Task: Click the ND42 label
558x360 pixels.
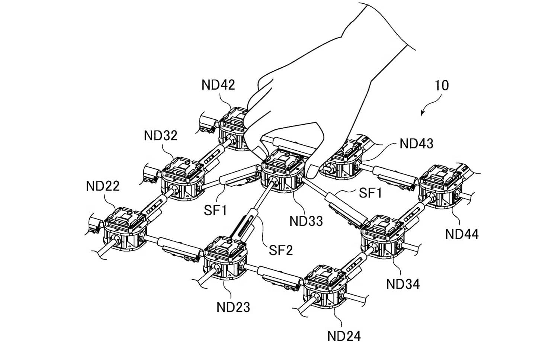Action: [x=218, y=85]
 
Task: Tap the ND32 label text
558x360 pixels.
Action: [x=161, y=136]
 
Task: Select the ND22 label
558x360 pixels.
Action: [x=103, y=186]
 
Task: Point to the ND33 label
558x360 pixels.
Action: [x=306, y=221]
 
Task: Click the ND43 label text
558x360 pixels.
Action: [x=417, y=144]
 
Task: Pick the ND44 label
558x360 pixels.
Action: [x=462, y=234]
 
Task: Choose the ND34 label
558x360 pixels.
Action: [x=403, y=284]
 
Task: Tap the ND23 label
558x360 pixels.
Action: [x=233, y=307]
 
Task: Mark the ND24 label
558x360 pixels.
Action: [x=344, y=336]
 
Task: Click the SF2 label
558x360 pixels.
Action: [x=281, y=250]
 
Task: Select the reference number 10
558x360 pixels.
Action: [x=442, y=86]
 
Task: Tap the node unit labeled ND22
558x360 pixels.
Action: [x=125, y=229]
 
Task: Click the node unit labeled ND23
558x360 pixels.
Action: [x=225, y=258]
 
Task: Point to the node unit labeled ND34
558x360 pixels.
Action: [x=383, y=237]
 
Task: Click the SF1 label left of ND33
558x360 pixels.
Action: [x=215, y=210]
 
